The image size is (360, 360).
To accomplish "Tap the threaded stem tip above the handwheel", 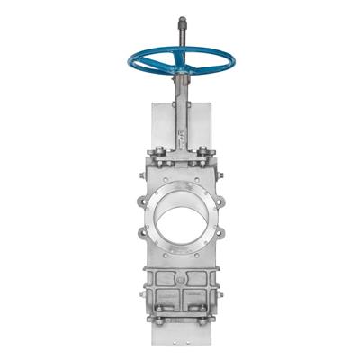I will (x=183, y=22).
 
